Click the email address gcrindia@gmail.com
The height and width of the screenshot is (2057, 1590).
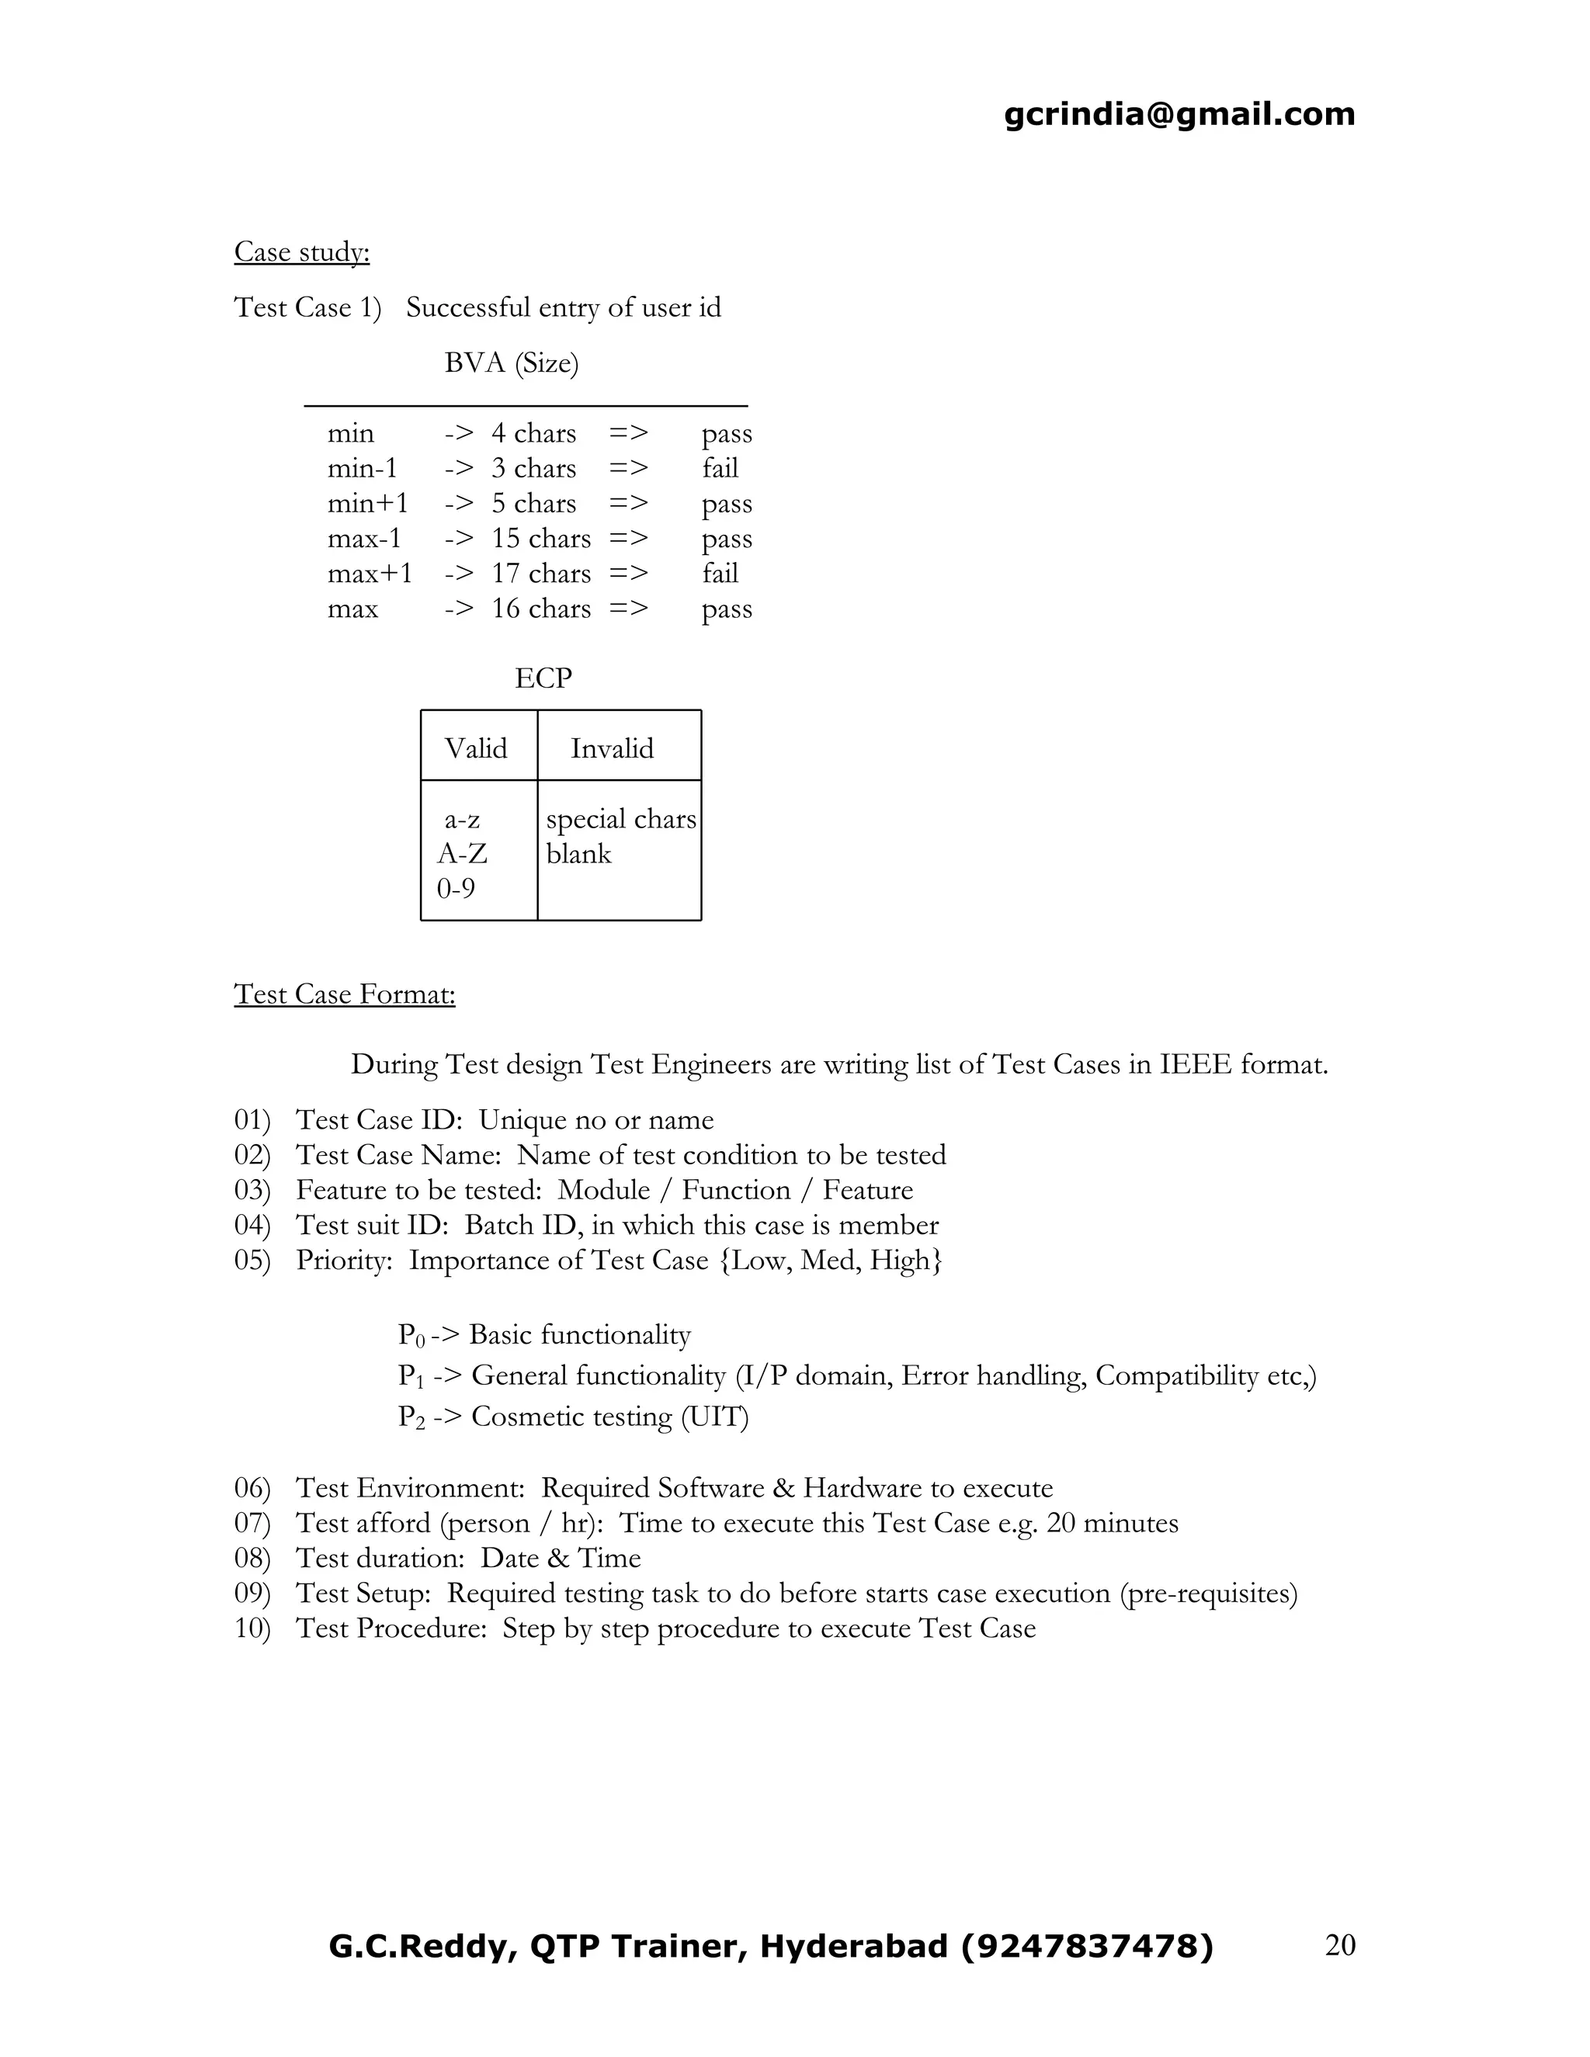click(1179, 114)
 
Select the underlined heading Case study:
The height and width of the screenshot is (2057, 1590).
click(301, 251)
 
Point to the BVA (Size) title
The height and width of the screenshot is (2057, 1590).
click(511, 362)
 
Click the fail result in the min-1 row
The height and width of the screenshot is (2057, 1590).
click(720, 468)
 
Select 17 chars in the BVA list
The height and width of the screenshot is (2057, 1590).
click(540, 574)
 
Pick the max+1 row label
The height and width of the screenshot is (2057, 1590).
click(370, 574)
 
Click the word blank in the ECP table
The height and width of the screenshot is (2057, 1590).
click(578, 855)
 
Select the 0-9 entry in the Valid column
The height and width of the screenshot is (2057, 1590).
click(456, 888)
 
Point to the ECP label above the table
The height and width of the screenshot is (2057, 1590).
click(543, 678)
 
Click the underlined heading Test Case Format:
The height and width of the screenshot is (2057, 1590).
click(344, 994)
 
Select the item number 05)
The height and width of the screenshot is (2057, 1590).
click(252, 1260)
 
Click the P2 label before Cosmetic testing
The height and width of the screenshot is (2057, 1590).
click(411, 1417)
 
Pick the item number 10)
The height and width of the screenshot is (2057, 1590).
click(252, 1629)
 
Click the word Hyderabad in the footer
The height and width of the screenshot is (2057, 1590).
click(853, 1946)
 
